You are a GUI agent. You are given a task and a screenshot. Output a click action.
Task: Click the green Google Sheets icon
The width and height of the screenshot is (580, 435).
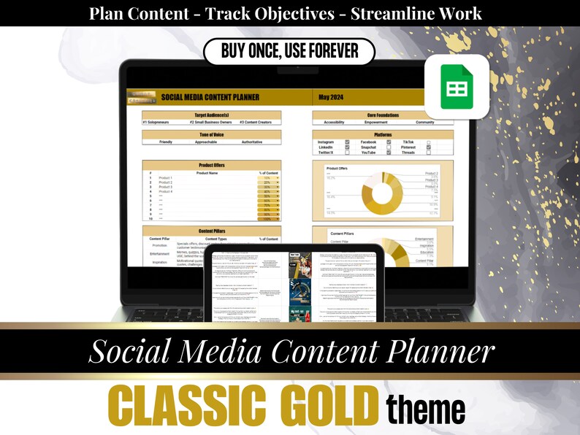(457, 87)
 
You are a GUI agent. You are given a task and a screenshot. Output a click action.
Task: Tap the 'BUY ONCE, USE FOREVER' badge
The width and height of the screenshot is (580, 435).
(289, 52)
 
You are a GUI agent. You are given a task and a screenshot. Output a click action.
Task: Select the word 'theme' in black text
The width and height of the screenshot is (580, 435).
(426, 409)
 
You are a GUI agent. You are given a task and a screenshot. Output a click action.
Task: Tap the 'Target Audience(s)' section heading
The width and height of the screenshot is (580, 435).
(211, 115)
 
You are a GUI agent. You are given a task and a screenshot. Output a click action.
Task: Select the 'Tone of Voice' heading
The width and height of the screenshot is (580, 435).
(211, 134)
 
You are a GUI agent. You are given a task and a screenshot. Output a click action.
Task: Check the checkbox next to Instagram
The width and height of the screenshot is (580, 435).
(347, 142)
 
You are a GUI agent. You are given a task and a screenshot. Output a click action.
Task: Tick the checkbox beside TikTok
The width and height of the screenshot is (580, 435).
(429, 142)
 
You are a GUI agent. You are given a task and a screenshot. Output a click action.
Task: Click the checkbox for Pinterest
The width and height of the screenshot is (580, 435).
(429, 147)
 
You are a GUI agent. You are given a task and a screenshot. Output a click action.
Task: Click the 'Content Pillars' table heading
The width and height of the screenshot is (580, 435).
(211, 231)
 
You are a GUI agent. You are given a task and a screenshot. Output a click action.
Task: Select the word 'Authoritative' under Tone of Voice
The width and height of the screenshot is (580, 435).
(252, 142)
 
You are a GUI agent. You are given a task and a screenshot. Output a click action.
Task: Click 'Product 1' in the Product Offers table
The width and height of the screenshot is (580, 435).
(166, 178)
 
